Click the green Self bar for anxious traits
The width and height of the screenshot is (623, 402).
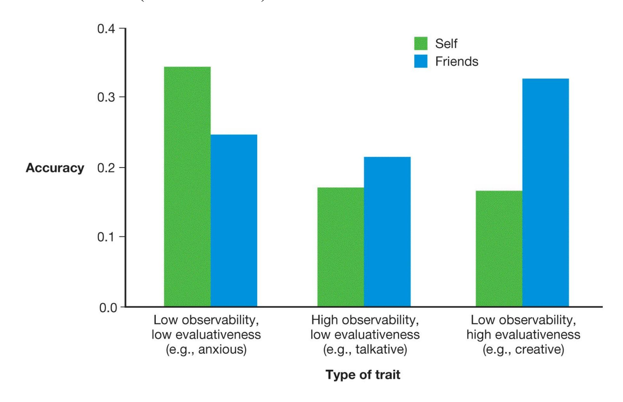tap(187, 186)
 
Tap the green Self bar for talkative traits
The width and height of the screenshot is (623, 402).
tap(340, 247)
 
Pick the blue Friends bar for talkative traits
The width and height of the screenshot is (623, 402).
tap(387, 232)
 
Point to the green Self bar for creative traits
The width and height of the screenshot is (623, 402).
tap(499, 249)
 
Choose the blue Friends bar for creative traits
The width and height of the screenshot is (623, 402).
tap(545, 193)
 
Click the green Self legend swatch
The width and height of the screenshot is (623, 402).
tap(421, 44)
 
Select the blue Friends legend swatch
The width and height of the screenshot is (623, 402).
tap(421, 61)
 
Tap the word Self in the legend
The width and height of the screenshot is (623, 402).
tap(446, 44)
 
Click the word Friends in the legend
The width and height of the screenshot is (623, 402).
tap(456, 62)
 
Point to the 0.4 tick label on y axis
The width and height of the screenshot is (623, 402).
tap(106, 29)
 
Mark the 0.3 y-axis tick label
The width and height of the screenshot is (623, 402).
tap(106, 97)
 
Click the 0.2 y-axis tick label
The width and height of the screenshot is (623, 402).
tap(106, 168)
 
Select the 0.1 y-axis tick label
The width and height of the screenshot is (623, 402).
tap(106, 237)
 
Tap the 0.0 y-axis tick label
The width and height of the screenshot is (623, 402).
tap(108, 308)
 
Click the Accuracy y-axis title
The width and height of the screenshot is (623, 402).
tap(55, 168)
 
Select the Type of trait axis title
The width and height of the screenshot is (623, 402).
tap(363, 374)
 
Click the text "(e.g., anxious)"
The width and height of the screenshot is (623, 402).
tap(206, 349)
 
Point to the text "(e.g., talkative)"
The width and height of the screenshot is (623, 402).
tap(365, 349)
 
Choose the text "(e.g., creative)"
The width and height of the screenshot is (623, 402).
tap(523, 349)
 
